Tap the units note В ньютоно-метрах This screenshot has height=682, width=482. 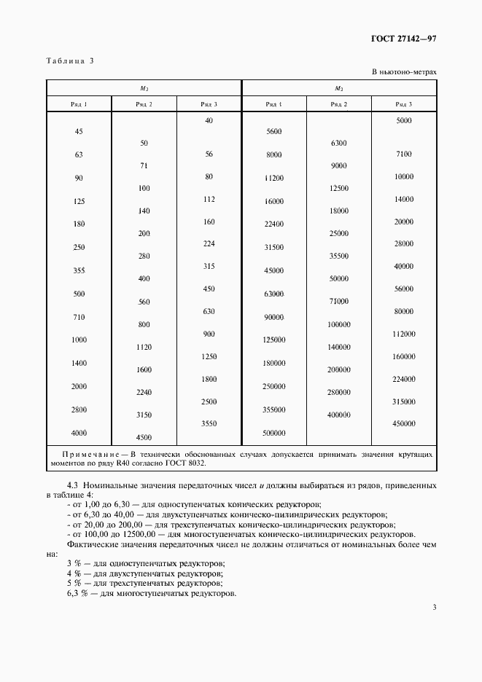click(404, 72)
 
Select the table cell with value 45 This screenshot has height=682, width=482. click(79, 132)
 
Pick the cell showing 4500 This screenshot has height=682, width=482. click(144, 437)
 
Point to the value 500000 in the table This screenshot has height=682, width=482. click(273, 433)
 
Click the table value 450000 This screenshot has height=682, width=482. click(403, 423)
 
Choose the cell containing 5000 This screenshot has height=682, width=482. click(404, 120)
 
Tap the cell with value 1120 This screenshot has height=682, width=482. click(144, 348)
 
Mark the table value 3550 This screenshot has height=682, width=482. click(209, 423)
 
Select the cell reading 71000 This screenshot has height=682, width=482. click(338, 301)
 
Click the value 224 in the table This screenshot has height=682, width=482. click(209, 243)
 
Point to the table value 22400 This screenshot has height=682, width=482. click(273, 224)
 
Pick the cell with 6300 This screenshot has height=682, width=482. click(338, 143)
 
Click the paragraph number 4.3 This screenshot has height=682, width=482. click(73, 485)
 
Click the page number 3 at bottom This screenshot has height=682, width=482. click(434, 607)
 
